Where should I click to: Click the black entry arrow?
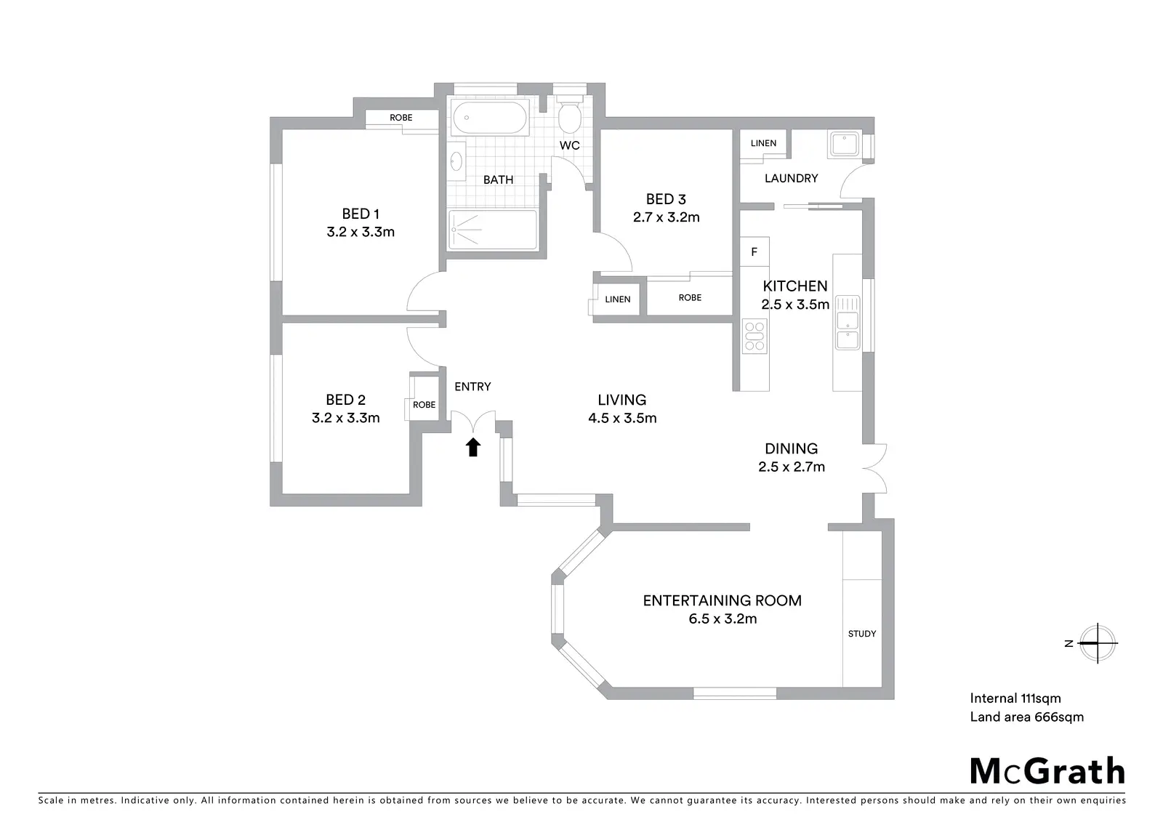[x=472, y=447]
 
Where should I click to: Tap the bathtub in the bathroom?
[x=490, y=118]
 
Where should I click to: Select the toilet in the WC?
[x=570, y=115]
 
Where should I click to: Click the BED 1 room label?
[x=361, y=214]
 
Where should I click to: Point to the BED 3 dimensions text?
[x=666, y=217]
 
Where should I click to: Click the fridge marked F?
[x=754, y=252]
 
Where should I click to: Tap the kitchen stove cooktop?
[x=754, y=336]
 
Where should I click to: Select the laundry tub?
[x=844, y=144]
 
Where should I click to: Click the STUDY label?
[x=862, y=634]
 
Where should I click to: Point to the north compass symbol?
[x=1097, y=643]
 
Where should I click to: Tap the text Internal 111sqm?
[x=1015, y=698]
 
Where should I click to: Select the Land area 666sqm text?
[x=1026, y=717]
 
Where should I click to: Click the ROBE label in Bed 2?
[x=424, y=405]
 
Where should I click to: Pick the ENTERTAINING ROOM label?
[x=723, y=600]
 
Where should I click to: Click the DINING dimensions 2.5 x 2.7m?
[x=792, y=467]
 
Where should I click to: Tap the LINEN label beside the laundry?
[x=763, y=143]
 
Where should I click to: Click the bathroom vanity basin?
[x=456, y=161]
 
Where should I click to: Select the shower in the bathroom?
[x=492, y=230]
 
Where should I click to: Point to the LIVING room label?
[x=622, y=400]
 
